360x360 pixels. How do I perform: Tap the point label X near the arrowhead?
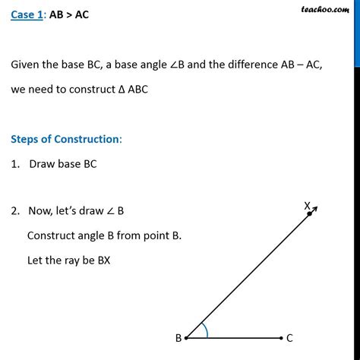(308, 205)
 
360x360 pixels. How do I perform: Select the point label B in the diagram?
(178, 339)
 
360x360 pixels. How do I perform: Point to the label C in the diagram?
(289, 338)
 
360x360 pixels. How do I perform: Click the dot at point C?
(279, 338)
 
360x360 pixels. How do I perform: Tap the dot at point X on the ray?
(310, 215)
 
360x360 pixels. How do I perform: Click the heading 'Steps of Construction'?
(65, 139)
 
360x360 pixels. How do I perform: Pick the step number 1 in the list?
(14, 164)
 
